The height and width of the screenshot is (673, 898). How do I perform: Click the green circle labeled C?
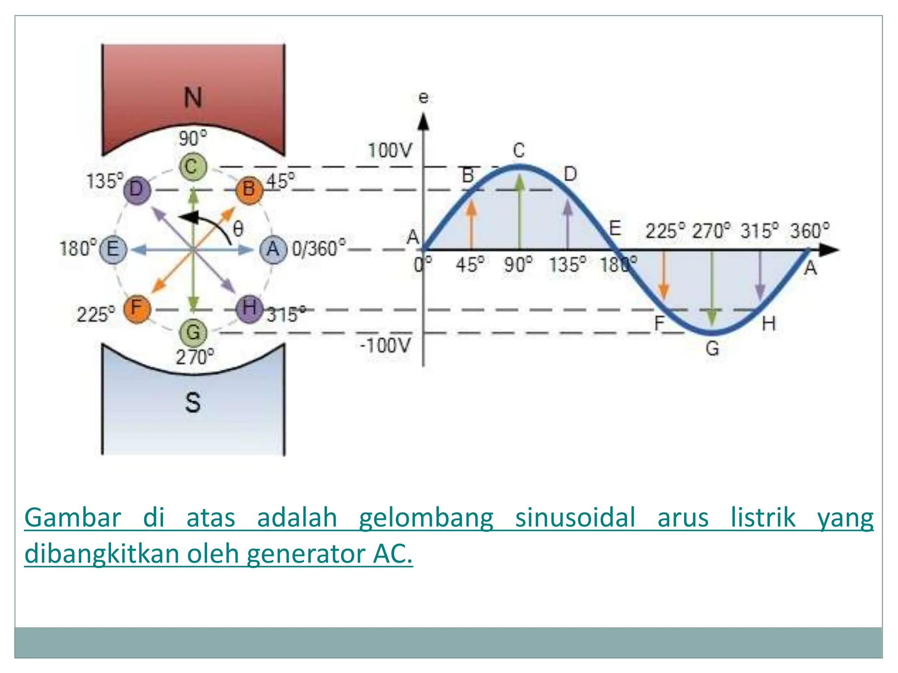[x=192, y=167]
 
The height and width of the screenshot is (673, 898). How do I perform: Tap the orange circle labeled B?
[x=249, y=189]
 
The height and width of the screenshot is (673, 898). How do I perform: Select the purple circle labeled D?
[x=136, y=190]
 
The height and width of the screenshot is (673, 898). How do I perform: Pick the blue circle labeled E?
[x=113, y=249]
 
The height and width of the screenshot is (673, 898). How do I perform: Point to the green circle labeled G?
[x=193, y=333]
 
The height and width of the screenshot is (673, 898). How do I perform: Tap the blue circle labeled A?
[x=273, y=249]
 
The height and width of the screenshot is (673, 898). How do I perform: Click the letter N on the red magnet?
[x=193, y=97]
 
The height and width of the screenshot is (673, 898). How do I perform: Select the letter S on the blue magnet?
[x=193, y=402]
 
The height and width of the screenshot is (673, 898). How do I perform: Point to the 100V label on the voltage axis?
[x=390, y=151]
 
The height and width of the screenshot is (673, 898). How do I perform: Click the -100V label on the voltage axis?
[x=385, y=346]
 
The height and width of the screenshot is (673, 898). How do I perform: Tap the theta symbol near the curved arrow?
[x=238, y=228]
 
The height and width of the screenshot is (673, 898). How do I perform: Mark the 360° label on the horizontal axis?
[x=809, y=231]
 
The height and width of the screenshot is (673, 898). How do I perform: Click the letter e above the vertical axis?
[x=423, y=97]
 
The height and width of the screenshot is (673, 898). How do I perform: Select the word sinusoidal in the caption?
[x=575, y=517]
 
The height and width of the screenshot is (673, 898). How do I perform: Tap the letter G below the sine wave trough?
[x=712, y=349]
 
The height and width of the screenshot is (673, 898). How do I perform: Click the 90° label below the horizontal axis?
[x=518, y=265]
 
